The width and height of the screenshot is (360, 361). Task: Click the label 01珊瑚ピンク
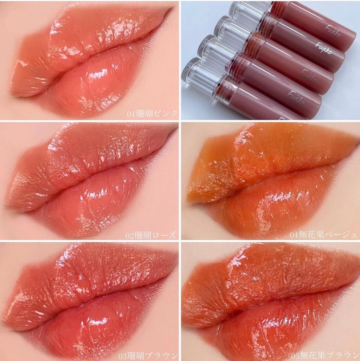tap(152, 113)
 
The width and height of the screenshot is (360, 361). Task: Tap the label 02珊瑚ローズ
tap(151, 236)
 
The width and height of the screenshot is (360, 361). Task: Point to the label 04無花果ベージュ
tap(323, 235)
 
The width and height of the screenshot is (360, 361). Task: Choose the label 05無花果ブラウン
tap(324, 355)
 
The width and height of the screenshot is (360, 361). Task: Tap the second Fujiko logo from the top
tap(323, 48)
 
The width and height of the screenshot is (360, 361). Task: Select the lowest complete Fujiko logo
tap(296, 97)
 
